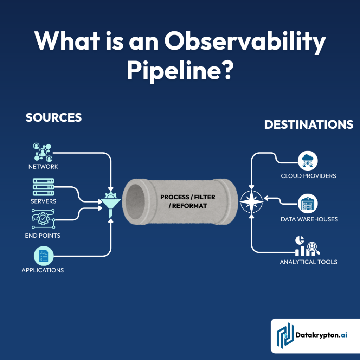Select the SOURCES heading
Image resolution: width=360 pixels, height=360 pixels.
pos(53,117)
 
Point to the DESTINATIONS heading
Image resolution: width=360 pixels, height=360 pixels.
pos(309,124)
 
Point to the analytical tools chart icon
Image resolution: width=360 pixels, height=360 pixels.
pos(307,246)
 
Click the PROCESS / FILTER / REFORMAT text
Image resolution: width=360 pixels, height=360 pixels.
pos(188,201)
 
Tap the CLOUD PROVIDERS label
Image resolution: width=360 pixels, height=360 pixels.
pos(308,176)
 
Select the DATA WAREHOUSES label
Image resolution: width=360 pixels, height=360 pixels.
pos(309,219)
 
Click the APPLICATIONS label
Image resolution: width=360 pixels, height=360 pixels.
pos(43,270)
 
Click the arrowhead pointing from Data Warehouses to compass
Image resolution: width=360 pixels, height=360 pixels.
pos(266,199)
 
